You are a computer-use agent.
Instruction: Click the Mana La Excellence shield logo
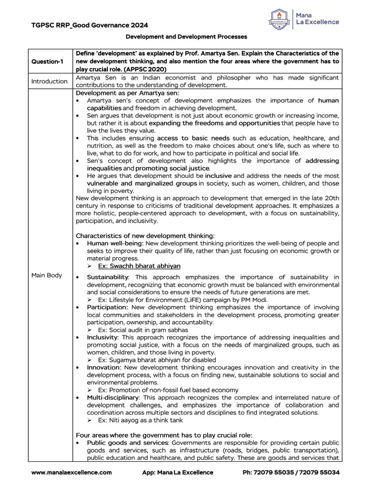281,19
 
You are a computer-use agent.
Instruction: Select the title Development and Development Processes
186,36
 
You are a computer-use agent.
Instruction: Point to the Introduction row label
49,81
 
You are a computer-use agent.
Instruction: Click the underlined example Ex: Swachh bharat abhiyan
139,266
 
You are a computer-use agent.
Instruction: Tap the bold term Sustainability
107,277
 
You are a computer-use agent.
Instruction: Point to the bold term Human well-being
109,243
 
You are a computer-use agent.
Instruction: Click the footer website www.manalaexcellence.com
71,472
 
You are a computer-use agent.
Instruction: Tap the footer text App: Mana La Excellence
177,472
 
